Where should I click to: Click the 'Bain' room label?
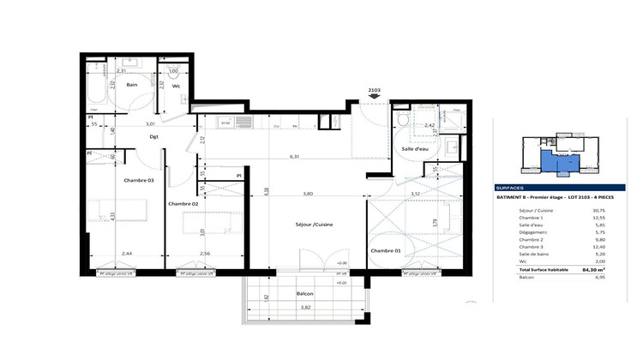133,85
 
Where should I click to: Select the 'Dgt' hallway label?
154,136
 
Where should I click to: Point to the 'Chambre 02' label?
183,203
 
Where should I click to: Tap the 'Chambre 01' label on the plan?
386,250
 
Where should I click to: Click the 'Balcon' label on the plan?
304,293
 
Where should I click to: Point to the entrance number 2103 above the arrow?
374,89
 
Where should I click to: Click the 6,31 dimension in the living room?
294,157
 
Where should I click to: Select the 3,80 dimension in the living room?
306,194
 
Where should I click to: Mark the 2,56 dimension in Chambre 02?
205,254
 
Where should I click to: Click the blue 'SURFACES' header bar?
548,186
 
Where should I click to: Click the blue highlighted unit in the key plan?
560,161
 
